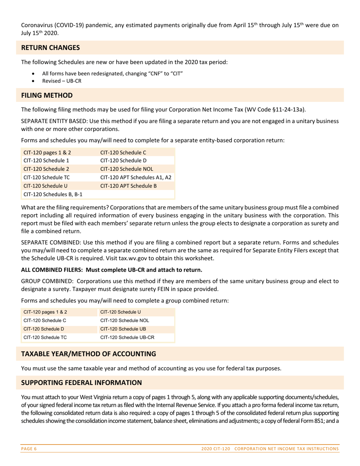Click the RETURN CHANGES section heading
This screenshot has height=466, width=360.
coord(50,48)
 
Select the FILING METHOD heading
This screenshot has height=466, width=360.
coord(47,95)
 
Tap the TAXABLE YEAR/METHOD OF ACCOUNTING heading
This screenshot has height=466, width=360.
coord(88,354)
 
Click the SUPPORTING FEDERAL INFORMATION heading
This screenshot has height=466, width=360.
coord(81,383)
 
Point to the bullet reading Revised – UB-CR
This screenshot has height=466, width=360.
coord(62,81)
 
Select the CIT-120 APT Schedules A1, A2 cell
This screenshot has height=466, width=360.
coord(136,177)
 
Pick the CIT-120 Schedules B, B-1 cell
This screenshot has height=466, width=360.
coord(53,194)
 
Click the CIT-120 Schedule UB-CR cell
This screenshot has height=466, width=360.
coord(127,337)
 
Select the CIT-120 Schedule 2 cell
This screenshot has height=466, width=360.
coord(46,169)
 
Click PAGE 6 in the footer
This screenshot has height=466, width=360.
coord(29,449)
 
